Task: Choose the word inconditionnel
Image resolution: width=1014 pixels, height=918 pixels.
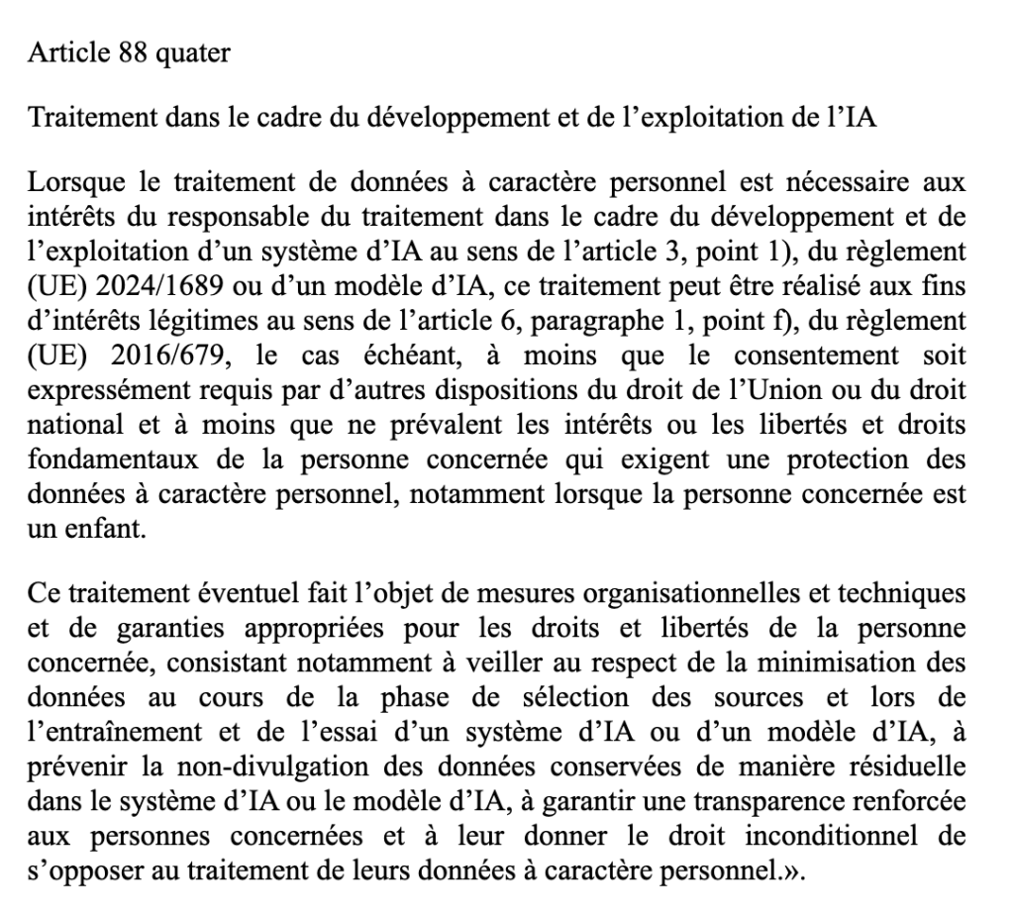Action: coord(839,838)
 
